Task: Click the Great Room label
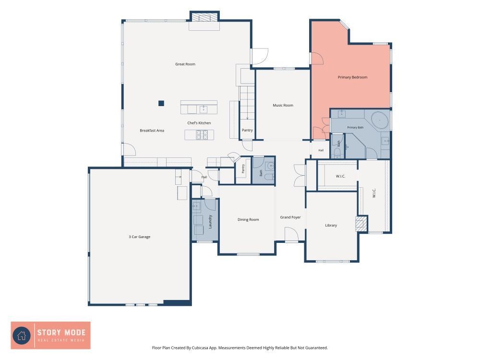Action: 185,64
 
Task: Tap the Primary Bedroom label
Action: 352,77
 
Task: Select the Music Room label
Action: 283,105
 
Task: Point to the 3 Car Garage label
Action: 139,237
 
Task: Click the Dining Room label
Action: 248,219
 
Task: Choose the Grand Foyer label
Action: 290,217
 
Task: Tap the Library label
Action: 331,225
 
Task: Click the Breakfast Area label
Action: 152,131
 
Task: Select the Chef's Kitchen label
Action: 199,123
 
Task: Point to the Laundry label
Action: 210,221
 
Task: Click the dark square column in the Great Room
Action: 161,103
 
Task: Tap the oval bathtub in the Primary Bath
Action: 380,120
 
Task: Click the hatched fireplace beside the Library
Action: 361,224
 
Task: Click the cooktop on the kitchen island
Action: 202,135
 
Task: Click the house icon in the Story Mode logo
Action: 22,336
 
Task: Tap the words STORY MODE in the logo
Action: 61,333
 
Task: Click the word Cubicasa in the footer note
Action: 202,348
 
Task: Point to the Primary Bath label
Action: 355,127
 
